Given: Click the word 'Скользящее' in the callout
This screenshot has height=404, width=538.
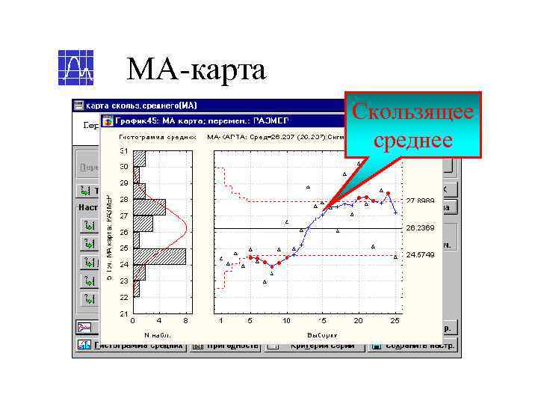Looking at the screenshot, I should click(x=413, y=113).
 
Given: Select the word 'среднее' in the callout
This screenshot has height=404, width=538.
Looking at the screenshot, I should click(x=413, y=140).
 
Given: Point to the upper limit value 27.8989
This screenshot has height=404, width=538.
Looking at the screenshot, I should click(x=420, y=201).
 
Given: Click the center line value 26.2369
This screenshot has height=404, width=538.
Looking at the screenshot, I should click(x=420, y=227).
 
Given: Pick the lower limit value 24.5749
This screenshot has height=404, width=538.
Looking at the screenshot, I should click(x=420, y=254).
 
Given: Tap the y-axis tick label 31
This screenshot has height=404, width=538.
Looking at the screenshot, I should click(x=123, y=150).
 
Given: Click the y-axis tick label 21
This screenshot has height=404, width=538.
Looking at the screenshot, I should click(x=123, y=313).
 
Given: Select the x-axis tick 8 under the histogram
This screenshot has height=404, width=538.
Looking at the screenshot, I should click(x=186, y=321).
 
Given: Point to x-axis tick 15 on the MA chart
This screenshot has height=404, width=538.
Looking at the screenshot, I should click(x=322, y=321).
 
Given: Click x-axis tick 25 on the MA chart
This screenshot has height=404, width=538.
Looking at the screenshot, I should click(x=395, y=321).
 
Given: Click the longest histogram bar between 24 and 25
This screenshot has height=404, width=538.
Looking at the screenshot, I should click(x=159, y=256).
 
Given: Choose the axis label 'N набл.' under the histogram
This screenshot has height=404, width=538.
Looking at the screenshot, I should click(x=157, y=334).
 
